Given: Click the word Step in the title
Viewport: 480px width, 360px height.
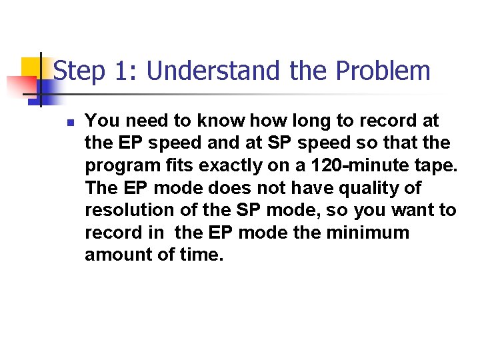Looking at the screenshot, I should click(79, 71).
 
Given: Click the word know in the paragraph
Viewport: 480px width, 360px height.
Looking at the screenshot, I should click(223, 121).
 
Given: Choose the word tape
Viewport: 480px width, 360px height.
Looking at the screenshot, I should click(439, 166).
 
